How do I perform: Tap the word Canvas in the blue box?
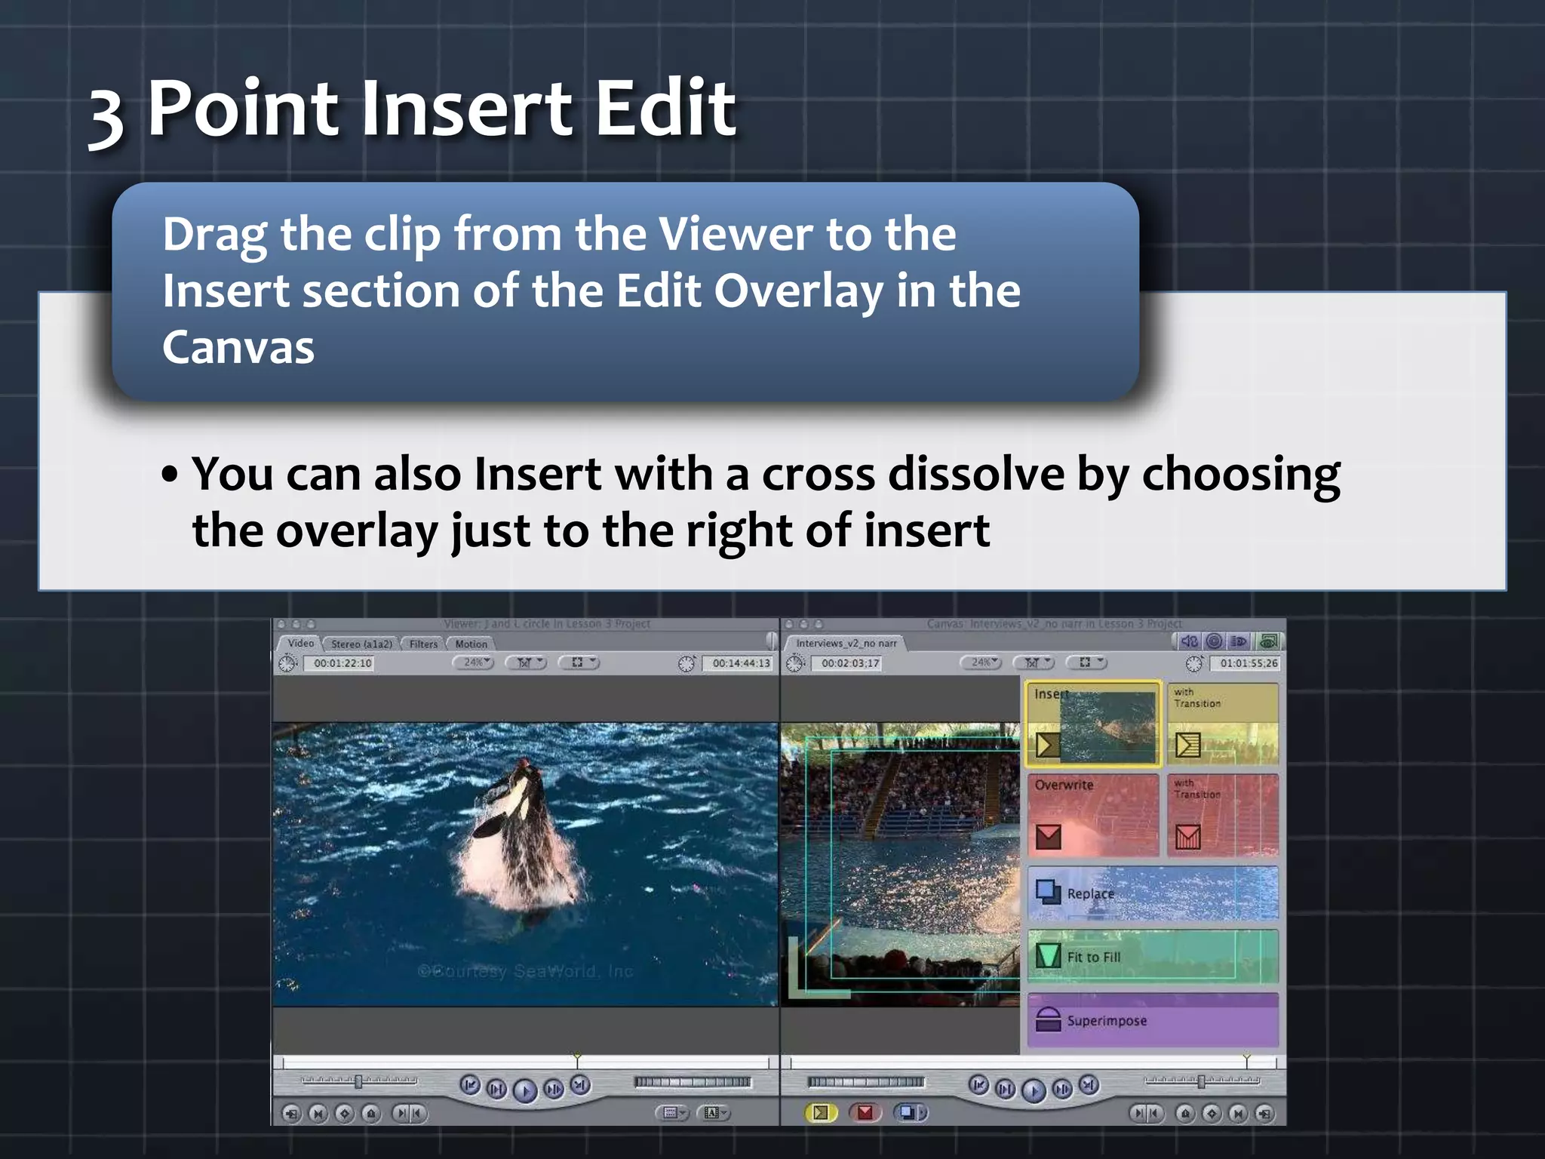238,348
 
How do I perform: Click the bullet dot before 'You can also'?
170,475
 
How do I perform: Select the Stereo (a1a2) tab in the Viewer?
361,644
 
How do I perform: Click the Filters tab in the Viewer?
423,644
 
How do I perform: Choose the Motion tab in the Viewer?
471,644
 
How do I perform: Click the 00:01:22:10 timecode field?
342,663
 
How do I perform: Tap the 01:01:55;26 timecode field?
1249,663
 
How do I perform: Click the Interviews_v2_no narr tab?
846,643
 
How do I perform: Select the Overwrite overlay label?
1064,785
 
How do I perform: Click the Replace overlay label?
1090,893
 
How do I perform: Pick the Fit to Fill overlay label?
1093,957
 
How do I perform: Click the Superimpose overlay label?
1106,1021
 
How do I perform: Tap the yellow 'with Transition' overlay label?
1196,698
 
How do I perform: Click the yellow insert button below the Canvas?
821,1112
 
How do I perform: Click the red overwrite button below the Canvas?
865,1112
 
